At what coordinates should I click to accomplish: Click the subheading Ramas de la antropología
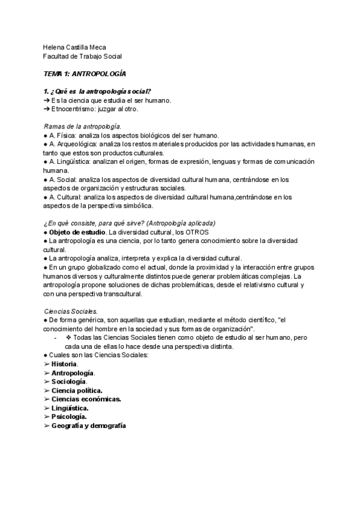point(82,127)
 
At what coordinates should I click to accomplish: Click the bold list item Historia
point(64,364)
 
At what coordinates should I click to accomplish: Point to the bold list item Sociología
point(69,381)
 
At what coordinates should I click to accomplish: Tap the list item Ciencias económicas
point(86,399)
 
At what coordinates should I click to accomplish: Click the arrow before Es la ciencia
point(46,100)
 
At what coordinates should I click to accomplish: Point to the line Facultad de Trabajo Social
point(83,56)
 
